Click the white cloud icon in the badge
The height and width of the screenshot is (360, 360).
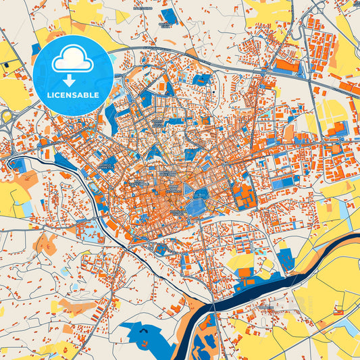72,60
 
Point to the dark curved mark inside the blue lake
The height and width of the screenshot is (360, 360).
145,332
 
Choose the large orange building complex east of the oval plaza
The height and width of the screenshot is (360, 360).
243,196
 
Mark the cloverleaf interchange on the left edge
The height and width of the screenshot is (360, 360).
7,119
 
